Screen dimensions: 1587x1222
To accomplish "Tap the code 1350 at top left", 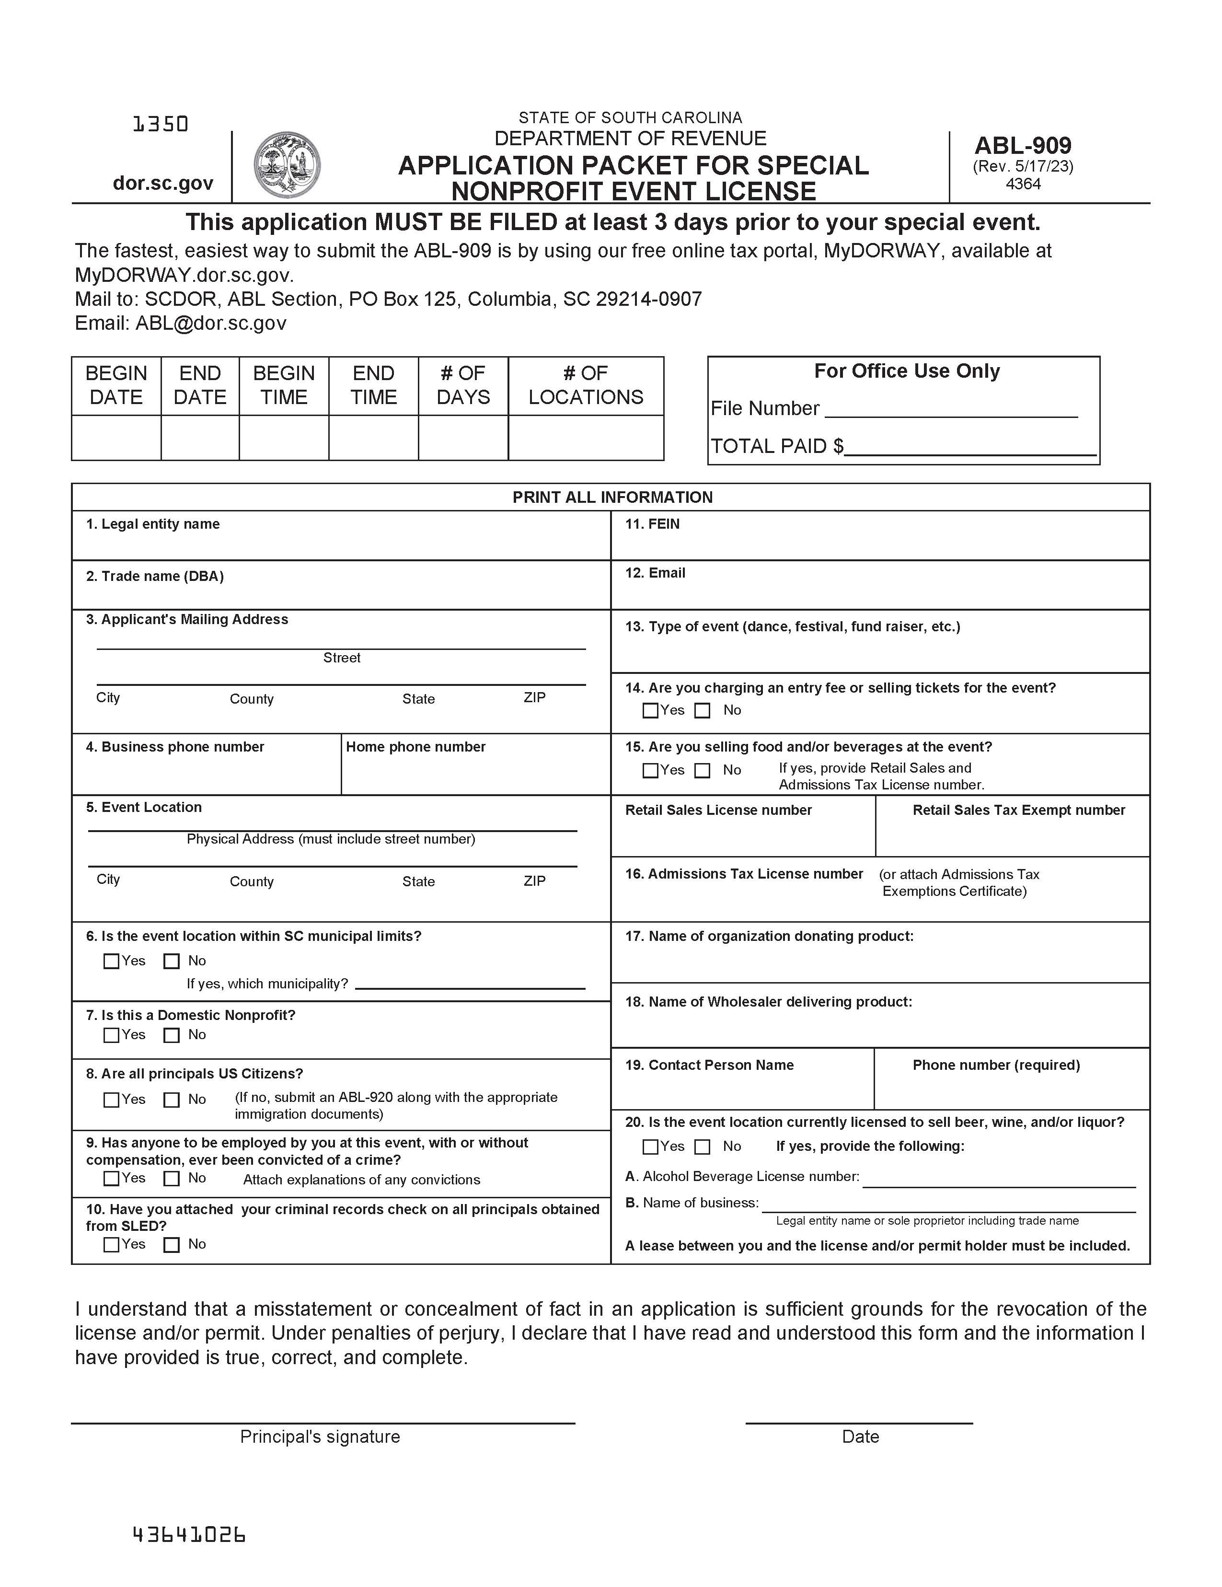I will point(161,124).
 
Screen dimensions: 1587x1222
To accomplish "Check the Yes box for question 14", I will point(650,711).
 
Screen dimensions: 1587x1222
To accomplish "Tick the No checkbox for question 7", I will point(172,1035).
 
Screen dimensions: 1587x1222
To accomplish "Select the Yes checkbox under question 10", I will point(111,1245).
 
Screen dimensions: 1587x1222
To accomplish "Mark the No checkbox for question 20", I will point(702,1147).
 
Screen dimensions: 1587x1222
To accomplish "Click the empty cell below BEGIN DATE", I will point(116,438).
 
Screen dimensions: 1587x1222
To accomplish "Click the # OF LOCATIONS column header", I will point(586,385).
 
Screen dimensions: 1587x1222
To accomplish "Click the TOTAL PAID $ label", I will point(776,446).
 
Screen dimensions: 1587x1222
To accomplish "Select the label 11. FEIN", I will point(652,524).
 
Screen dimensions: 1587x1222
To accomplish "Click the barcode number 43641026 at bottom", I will point(189,1535).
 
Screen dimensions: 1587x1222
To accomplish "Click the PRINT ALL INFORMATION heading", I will point(612,497).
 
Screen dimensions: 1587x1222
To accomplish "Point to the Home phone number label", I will point(415,747).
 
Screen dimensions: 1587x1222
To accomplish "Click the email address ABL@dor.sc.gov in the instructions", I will point(211,324).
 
